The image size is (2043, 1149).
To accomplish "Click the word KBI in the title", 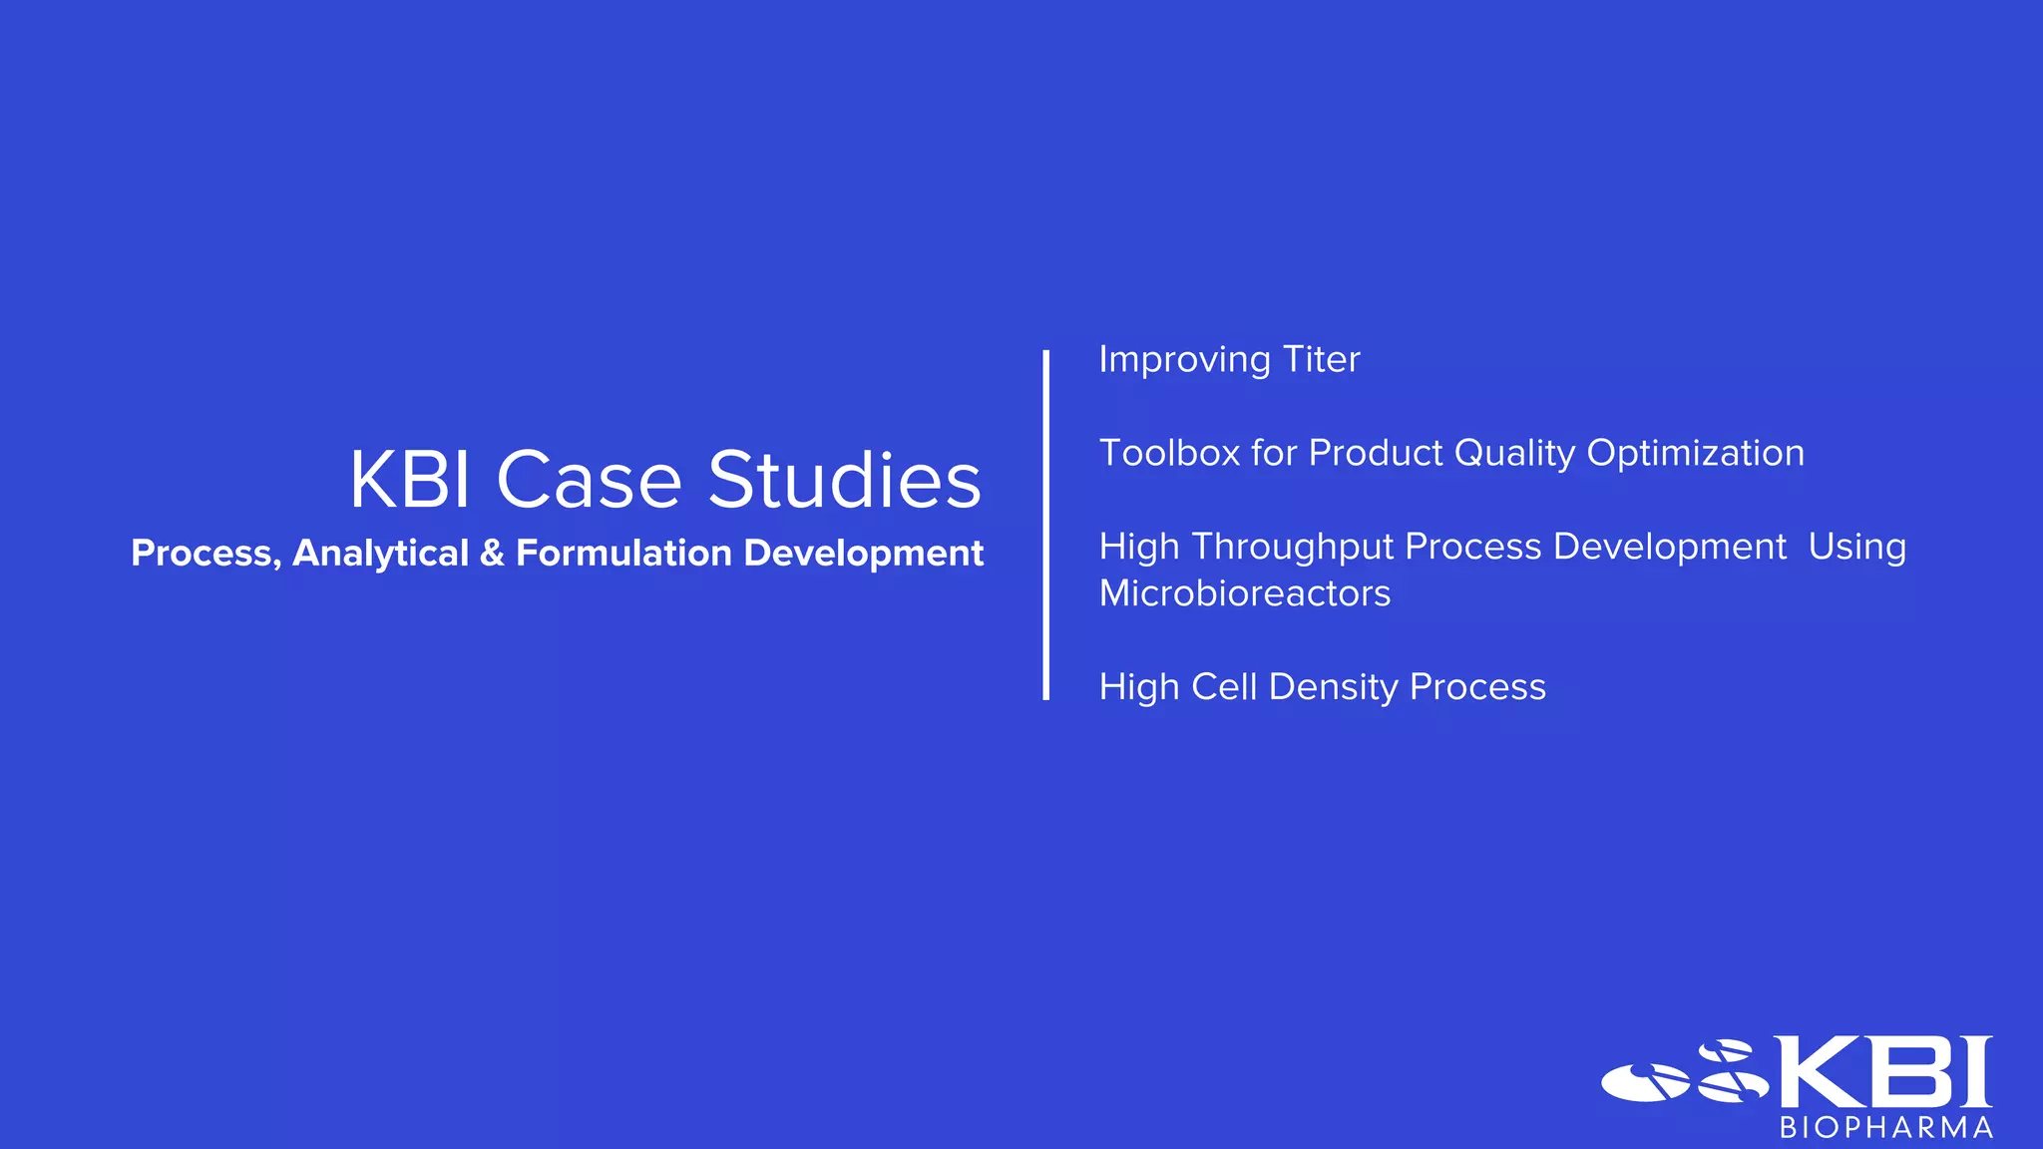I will [x=409, y=481].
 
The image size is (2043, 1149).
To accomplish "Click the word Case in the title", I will [x=589, y=481].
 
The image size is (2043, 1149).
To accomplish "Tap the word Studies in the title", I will [x=845, y=481].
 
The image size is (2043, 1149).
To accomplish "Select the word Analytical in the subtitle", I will [x=380, y=554].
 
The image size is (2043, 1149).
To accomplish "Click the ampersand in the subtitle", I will [x=492, y=554].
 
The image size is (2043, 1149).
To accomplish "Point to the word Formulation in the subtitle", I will [x=623, y=554].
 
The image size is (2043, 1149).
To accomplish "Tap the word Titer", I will [x=1321, y=359].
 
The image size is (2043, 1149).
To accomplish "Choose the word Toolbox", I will [x=1168, y=453].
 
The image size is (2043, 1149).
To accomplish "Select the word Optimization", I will [x=1695, y=454].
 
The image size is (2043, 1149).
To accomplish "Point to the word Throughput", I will [x=1292, y=548].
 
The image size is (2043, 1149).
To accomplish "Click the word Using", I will [x=1856, y=548].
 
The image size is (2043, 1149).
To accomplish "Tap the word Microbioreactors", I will [x=1244, y=593].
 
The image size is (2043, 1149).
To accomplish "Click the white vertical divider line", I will [x=1045, y=525].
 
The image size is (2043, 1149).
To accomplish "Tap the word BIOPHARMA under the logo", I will [x=1885, y=1128].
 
